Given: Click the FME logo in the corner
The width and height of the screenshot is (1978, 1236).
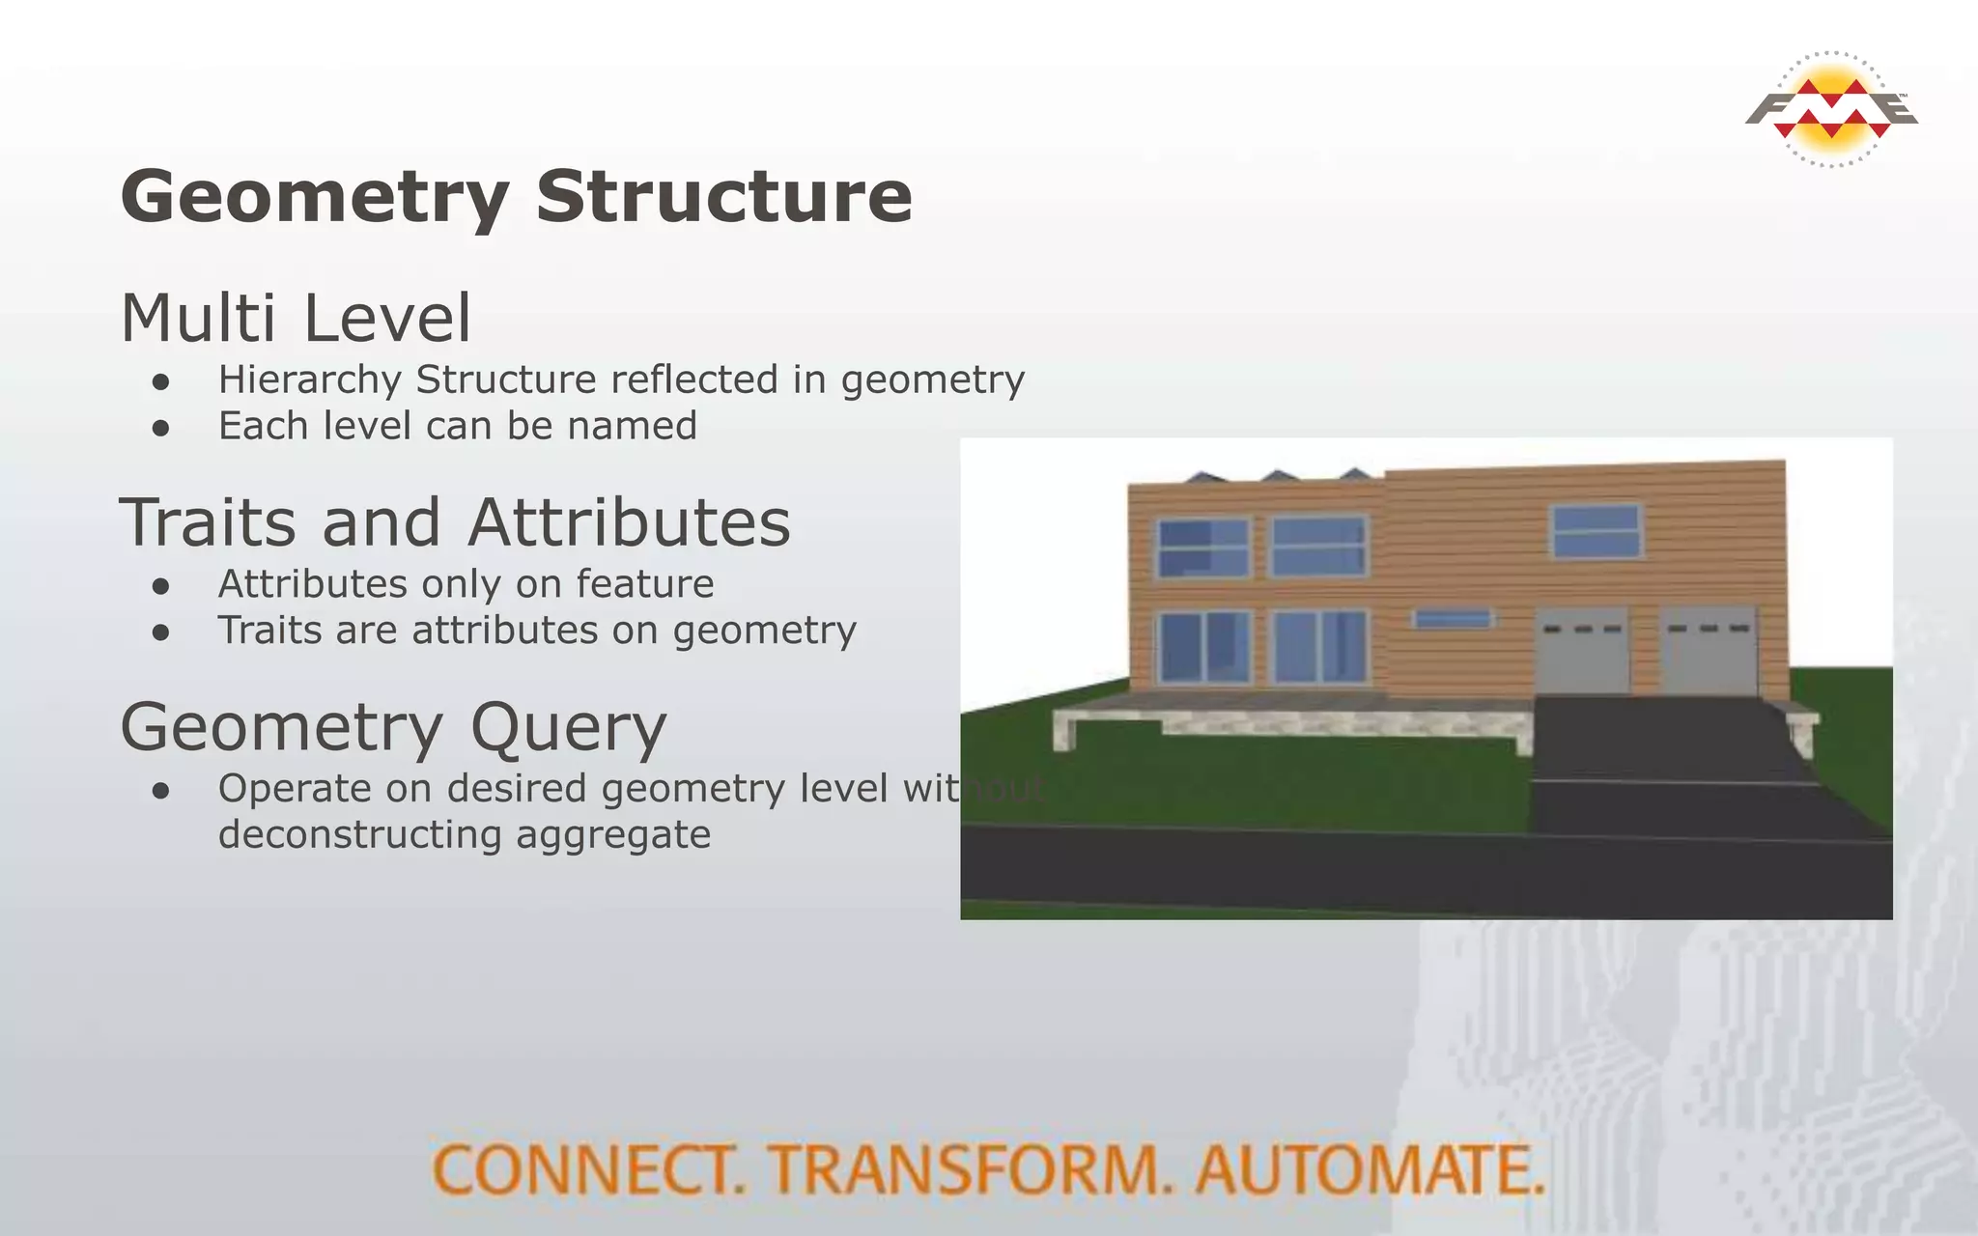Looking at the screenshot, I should tap(1831, 109).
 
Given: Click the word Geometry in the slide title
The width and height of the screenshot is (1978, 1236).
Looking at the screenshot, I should tap(315, 198).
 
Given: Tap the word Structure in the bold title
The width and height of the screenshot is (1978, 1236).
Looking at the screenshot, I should tap(724, 196).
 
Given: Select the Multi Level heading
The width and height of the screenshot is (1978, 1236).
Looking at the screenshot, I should tap(296, 318).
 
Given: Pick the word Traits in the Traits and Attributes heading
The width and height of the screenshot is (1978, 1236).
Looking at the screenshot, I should tap(207, 522).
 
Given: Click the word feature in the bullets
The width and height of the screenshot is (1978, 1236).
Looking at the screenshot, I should tap(645, 584).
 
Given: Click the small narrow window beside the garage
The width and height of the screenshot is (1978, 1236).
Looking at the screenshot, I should tap(1452, 618).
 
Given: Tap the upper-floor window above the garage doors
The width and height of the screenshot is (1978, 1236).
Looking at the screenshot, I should tap(1596, 530).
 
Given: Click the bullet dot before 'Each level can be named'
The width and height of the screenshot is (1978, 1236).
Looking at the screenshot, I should tap(161, 428).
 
